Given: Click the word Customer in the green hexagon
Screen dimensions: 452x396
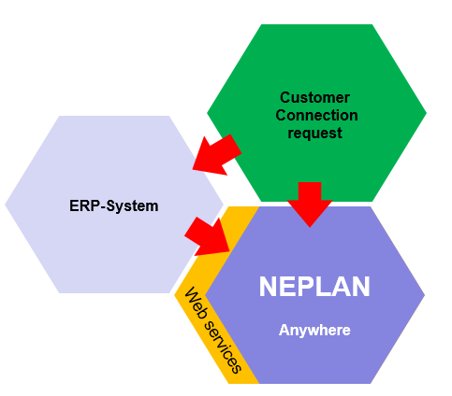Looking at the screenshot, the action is pyautogui.click(x=314, y=97).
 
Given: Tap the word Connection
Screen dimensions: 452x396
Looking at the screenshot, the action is pyautogui.click(x=316, y=115).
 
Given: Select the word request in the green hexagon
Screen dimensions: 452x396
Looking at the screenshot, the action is pyautogui.click(x=314, y=134).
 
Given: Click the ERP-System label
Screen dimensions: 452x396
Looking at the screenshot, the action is pyautogui.click(x=114, y=206).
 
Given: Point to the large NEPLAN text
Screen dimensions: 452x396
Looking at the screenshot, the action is pyautogui.click(x=314, y=287).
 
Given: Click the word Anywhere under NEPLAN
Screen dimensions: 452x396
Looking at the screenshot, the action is pyautogui.click(x=314, y=331).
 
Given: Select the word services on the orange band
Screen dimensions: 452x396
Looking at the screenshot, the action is pyautogui.click(x=223, y=347).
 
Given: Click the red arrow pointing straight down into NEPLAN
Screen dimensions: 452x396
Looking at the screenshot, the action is pyautogui.click(x=310, y=205).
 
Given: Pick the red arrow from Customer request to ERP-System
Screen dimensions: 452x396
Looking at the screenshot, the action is pyautogui.click(x=217, y=154).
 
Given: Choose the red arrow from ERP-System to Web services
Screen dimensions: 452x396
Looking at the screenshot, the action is pyautogui.click(x=208, y=236).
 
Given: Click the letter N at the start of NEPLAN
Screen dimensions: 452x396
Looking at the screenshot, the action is pyautogui.click(x=268, y=287).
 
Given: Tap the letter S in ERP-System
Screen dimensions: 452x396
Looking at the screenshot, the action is pyautogui.click(x=111, y=206).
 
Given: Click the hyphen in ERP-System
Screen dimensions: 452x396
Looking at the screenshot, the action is pyautogui.click(x=103, y=207).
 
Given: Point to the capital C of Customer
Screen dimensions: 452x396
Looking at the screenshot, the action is pyautogui.click(x=285, y=97).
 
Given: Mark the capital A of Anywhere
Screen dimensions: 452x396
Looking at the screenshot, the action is pyautogui.click(x=284, y=330).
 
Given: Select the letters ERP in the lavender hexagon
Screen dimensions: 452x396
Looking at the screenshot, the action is pyautogui.click(x=85, y=206).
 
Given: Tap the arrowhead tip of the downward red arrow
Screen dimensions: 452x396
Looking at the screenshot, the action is pyautogui.click(x=310, y=227).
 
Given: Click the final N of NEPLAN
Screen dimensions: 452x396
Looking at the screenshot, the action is pyautogui.click(x=361, y=287).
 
